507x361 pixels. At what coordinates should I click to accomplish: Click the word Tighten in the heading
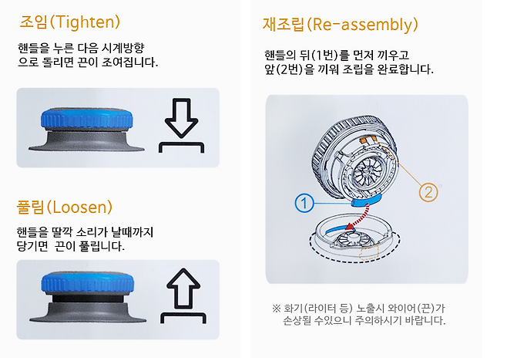point(86,22)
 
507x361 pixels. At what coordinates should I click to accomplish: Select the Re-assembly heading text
point(341,24)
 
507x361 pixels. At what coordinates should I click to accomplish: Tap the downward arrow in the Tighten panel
point(181,118)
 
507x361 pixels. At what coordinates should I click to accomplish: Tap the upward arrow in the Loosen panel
point(183,288)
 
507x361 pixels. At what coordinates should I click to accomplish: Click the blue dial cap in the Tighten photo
point(86,119)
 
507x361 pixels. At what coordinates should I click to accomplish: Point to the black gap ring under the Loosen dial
point(87,299)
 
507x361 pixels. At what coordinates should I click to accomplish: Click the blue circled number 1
point(304,204)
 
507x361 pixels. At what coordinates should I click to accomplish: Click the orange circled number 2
point(428,192)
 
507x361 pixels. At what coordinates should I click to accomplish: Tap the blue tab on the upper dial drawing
point(366,201)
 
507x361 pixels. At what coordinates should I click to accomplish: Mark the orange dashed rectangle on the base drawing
point(369,251)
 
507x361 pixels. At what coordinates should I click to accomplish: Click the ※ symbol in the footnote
point(276,309)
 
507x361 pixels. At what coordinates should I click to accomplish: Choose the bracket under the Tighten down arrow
point(181,147)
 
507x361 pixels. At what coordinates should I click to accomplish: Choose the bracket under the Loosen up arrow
point(183,318)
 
